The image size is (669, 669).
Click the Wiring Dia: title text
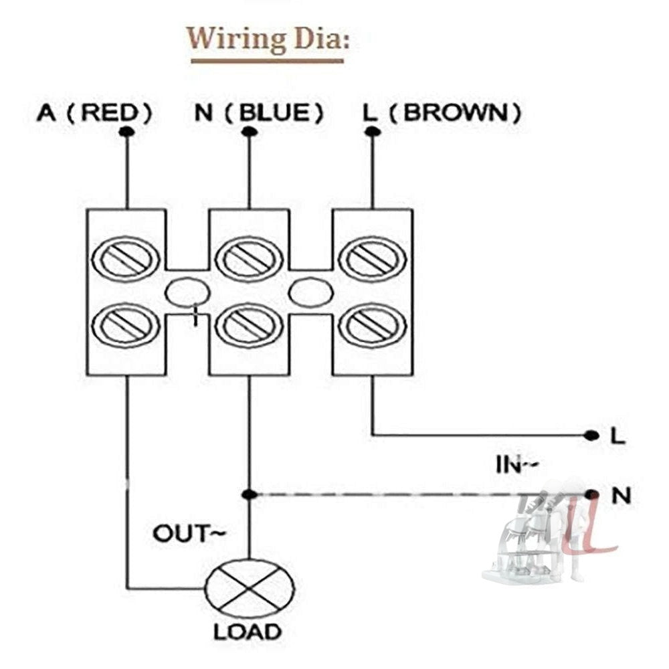point(268,40)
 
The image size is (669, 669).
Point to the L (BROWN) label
point(442,113)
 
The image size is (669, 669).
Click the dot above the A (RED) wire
point(126,132)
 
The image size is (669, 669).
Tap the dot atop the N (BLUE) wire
point(249,132)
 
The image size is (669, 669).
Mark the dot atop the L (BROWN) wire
point(373,132)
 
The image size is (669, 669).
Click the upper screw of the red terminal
point(126,258)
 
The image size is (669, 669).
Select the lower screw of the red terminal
point(126,325)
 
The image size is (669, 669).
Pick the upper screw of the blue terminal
point(250,258)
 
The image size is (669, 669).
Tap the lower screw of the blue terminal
point(250,325)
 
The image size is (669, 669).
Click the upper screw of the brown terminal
point(373,258)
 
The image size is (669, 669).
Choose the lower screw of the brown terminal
point(373,325)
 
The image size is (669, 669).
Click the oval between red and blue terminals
point(187,293)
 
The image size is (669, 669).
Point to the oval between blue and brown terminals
point(310,293)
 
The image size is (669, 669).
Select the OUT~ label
point(189,534)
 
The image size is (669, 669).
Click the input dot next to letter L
point(591,436)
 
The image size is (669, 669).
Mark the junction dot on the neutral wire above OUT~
point(249,494)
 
